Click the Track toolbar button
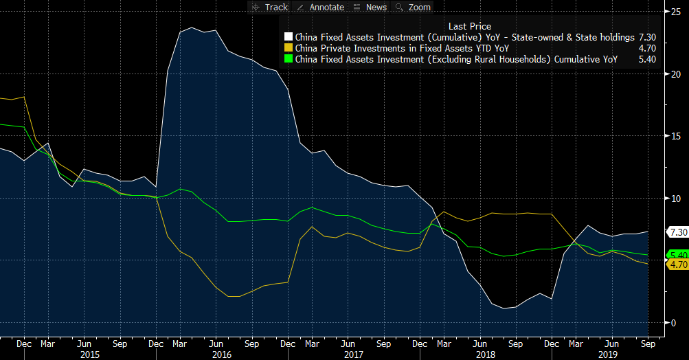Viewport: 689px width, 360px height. [270, 7]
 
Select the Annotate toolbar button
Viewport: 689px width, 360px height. [321, 7]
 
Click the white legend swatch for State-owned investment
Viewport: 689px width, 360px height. [289, 37]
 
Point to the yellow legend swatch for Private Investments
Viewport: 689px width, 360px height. [289, 48]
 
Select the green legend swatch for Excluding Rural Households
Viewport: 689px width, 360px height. [289, 60]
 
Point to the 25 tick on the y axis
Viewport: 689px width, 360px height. [677, 12]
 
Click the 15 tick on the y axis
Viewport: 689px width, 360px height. [677, 136]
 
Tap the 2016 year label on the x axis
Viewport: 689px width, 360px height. [222, 354]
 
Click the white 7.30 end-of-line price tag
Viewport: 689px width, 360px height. [677, 232]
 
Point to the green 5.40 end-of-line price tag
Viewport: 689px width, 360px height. [677, 255]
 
